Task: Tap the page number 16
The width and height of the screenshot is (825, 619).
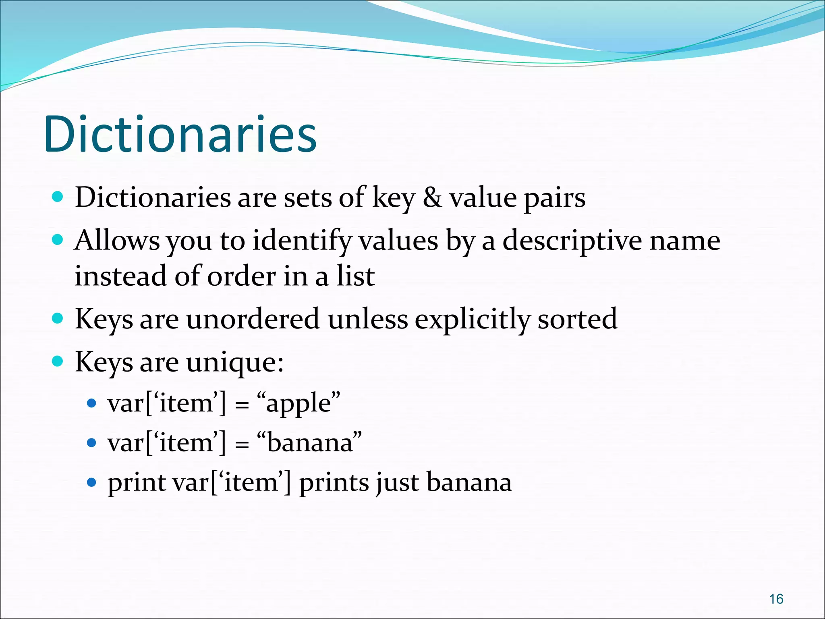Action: [x=776, y=599]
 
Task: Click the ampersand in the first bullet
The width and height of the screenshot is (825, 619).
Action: [x=432, y=197]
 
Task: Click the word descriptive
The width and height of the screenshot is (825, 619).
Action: [x=572, y=241]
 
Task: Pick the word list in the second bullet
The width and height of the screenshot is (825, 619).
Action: [x=356, y=276]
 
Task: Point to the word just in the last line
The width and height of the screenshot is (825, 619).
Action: [x=397, y=482]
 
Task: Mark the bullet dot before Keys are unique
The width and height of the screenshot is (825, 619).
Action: [x=58, y=361]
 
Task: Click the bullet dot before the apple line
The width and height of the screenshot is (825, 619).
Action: [x=92, y=403]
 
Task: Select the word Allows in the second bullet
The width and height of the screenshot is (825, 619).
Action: [x=117, y=241]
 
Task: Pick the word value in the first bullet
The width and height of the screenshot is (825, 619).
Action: [x=483, y=197]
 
